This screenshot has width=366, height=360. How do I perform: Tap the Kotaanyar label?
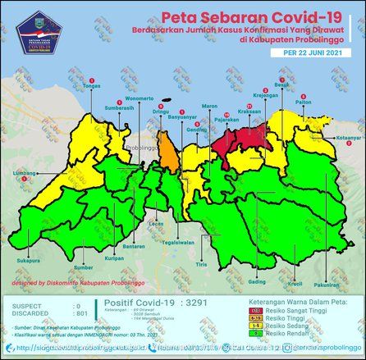point(349,139)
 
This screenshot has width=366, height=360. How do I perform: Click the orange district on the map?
point(169,153)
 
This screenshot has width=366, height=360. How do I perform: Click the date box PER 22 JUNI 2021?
point(309,52)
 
